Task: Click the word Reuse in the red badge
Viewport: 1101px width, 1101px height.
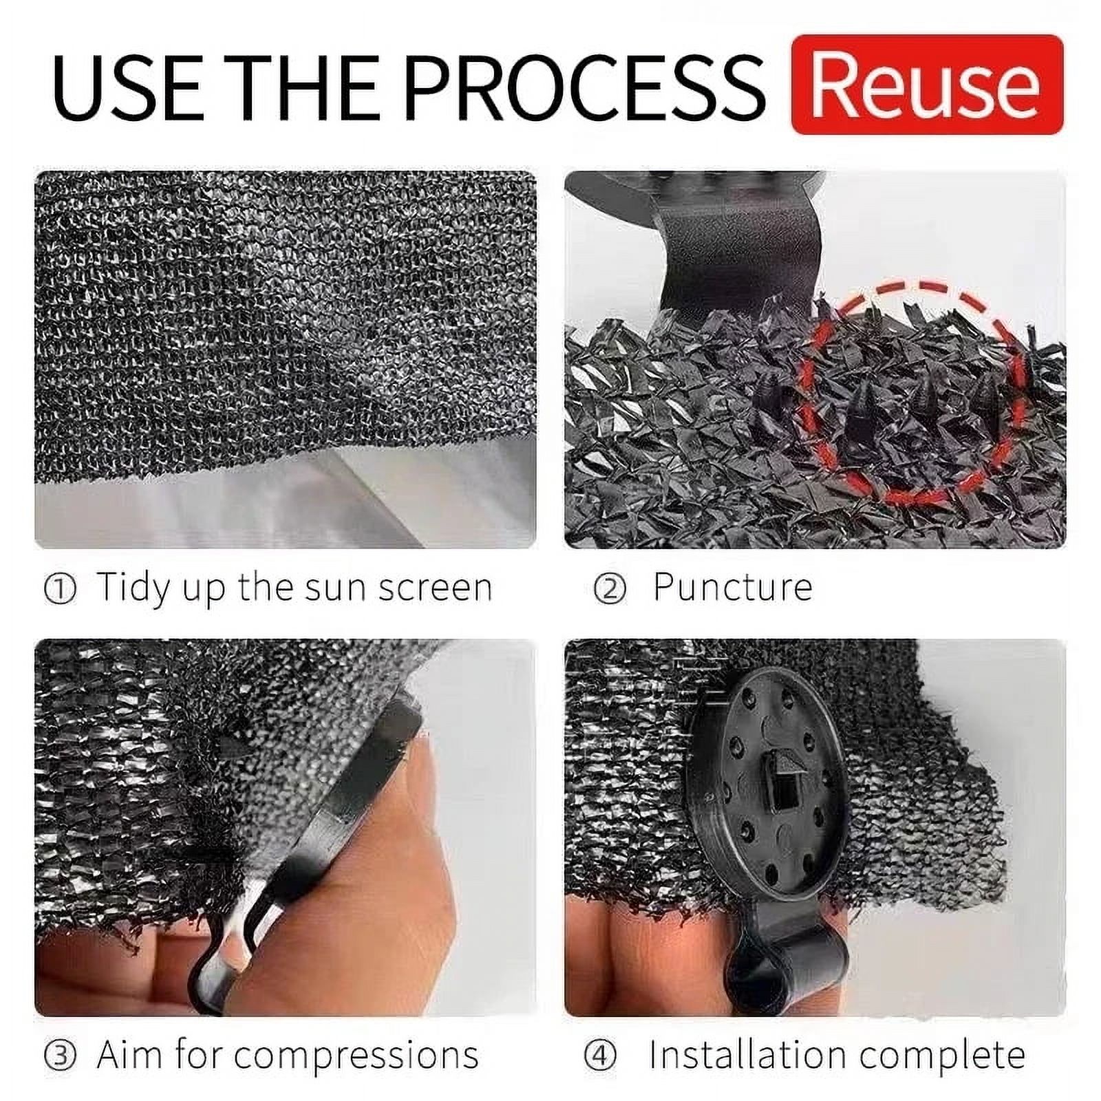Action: click(926, 86)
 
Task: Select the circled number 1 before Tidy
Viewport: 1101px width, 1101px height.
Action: click(60, 590)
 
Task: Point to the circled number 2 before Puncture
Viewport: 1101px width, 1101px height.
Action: click(610, 590)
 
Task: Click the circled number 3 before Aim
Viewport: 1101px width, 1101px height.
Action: click(60, 1056)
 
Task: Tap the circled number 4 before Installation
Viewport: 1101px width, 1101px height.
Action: click(600, 1056)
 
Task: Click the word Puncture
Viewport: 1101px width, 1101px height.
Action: click(732, 588)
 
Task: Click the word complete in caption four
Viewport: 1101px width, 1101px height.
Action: click(942, 1056)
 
